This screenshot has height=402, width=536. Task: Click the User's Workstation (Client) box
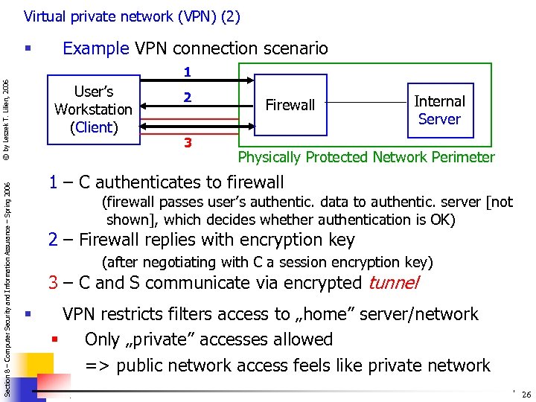coord(93,109)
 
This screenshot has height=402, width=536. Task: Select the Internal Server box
coord(438,110)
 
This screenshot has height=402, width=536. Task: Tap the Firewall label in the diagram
coord(290,106)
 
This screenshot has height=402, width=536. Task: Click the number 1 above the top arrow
coord(188,73)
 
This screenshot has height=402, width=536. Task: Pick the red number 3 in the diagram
coord(188,143)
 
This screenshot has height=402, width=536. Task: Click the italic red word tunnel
coord(393,283)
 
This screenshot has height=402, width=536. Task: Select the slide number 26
coord(526,395)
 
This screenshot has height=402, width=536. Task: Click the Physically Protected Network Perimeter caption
coord(366,157)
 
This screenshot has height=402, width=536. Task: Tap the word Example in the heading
coord(96,49)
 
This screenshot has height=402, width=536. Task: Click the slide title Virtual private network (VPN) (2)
coord(132,16)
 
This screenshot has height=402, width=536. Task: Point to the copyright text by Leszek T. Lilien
coord(7,119)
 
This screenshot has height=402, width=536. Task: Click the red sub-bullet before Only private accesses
coord(54,340)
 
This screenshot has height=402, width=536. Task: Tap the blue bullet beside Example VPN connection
coord(27,48)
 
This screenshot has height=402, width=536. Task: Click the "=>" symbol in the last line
coord(98,366)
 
